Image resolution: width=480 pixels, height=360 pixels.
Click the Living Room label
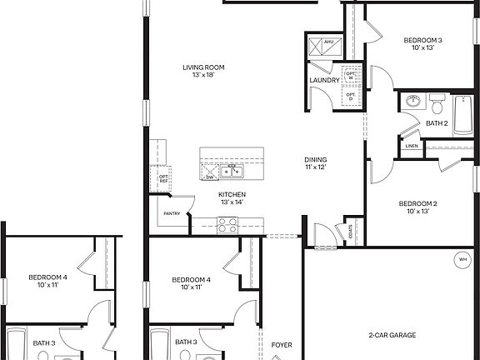[x=203, y=67]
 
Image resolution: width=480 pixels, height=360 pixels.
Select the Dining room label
[x=315, y=160]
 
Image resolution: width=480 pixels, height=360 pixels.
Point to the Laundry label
[x=324, y=80]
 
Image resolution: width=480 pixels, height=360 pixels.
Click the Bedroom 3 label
[x=422, y=40]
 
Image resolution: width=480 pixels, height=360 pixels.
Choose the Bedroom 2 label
[x=417, y=203]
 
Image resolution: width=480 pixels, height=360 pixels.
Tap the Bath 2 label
[x=437, y=123]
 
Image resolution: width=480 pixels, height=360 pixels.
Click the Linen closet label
[x=412, y=147]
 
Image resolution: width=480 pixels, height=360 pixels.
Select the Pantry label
[x=172, y=213]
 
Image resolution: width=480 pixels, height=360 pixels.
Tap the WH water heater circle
[x=462, y=259]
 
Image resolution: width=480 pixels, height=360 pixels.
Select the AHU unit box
[x=327, y=41]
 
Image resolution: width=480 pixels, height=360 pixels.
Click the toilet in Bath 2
[x=437, y=104]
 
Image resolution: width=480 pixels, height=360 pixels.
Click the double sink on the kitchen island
[x=231, y=172]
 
